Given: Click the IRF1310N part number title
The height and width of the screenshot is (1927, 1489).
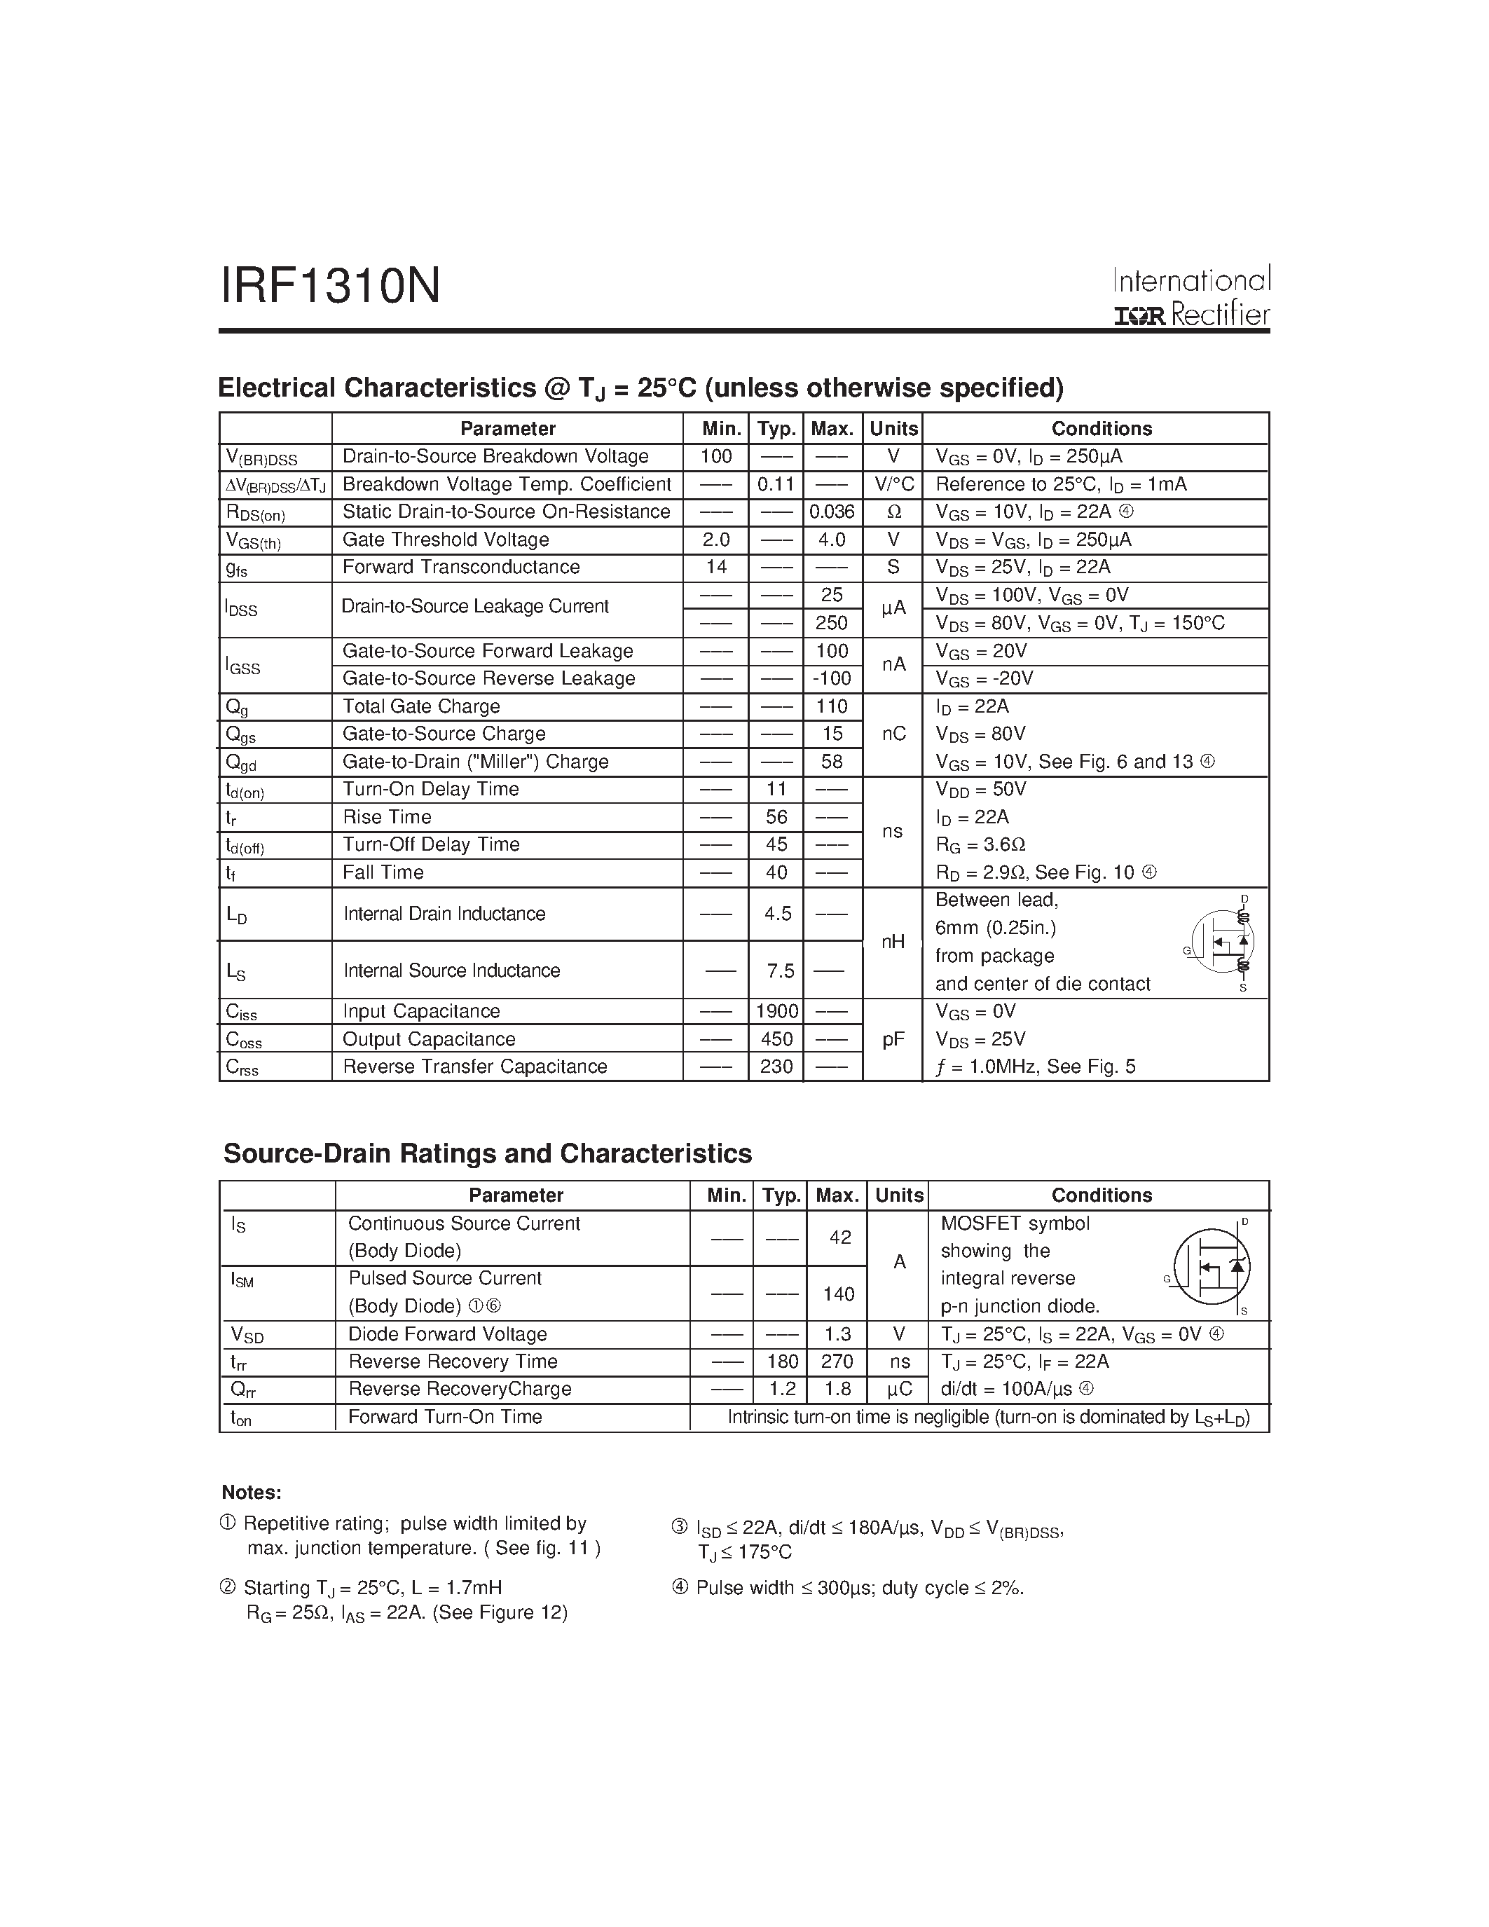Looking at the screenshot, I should tap(330, 287).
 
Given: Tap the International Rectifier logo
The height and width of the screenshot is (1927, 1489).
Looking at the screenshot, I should tap(1190, 297).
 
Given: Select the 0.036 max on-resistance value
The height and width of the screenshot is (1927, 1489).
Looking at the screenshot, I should tap(832, 512).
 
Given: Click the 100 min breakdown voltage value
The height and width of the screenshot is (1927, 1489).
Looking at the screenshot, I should tap(715, 456).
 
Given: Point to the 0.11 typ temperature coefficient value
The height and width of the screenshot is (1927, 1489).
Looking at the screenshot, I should tap(776, 484).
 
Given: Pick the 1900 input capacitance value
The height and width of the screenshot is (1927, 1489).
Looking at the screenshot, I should tap(776, 1011).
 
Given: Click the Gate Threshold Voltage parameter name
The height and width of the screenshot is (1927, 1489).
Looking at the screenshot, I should tap(446, 539).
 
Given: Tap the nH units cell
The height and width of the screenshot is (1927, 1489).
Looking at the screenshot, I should tap(893, 942).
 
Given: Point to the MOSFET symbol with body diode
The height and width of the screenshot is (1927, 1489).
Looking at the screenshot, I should tap(1211, 1266).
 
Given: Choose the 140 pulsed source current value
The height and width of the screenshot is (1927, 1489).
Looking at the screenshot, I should tap(838, 1294).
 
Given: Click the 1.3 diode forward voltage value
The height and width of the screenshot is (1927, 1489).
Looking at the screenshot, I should tap(837, 1334).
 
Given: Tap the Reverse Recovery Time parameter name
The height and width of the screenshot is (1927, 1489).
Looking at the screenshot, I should tap(453, 1362).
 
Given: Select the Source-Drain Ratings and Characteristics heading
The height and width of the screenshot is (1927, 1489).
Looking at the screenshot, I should tap(487, 1154).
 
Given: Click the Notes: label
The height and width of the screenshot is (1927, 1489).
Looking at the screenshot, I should tap(252, 1493).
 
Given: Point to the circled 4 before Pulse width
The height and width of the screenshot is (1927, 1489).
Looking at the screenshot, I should tap(679, 1588).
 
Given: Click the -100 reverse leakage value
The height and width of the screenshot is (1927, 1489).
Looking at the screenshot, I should tap(832, 678).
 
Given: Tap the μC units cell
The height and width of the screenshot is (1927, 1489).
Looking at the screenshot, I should tap(899, 1390).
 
